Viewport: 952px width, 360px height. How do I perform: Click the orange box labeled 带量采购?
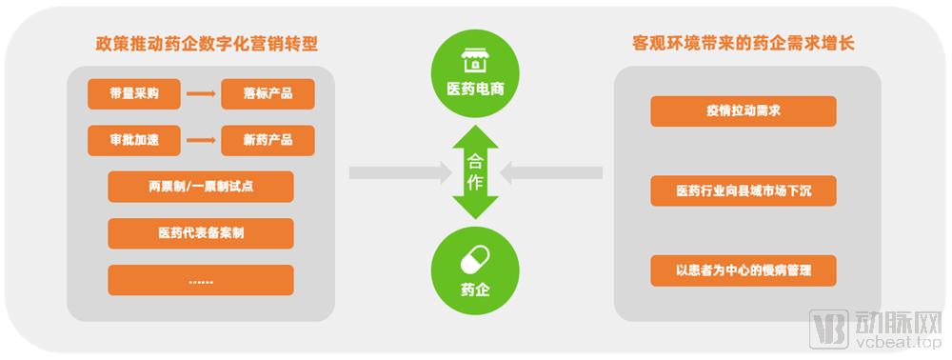[x=128, y=94]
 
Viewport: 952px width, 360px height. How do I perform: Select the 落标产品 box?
[x=268, y=94]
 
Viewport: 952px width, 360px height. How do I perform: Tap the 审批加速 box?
[x=128, y=141]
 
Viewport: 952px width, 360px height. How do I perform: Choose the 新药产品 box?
[x=268, y=141]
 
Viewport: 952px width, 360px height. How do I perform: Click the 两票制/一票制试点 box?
[x=200, y=187]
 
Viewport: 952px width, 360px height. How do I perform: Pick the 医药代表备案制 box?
[x=200, y=233]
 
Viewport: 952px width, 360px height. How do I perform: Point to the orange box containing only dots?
[x=200, y=280]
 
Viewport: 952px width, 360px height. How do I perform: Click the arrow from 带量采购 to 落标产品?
[x=200, y=94]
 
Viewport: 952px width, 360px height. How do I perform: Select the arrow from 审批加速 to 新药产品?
[x=200, y=141]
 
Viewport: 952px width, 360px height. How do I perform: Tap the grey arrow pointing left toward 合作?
[x=551, y=172]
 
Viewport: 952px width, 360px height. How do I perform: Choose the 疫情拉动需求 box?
[x=743, y=111]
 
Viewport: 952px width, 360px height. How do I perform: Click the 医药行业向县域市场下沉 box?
[x=743, y=190]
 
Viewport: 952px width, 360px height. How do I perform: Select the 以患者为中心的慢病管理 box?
[x=743, y=270]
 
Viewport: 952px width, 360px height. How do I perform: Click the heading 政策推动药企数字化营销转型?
[x=207, y=44]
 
